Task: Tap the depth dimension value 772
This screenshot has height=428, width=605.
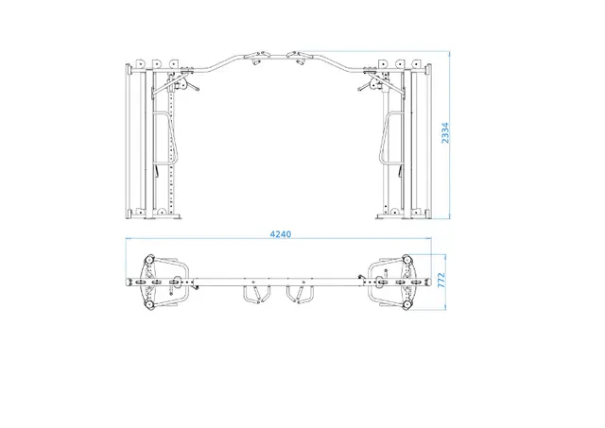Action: click(x=441, y=281)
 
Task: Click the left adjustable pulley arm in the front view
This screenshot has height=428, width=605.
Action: click(x=189, y=86)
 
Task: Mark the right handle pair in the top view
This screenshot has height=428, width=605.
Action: click(x=303, y=296)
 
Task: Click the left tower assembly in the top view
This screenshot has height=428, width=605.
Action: click(x=156, y=281)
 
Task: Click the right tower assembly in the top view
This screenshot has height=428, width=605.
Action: click(x=396, y=281)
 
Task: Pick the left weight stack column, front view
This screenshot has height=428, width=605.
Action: click(x=135, y=142)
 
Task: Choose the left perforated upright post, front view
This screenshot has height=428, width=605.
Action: click(x=168, y=142)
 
